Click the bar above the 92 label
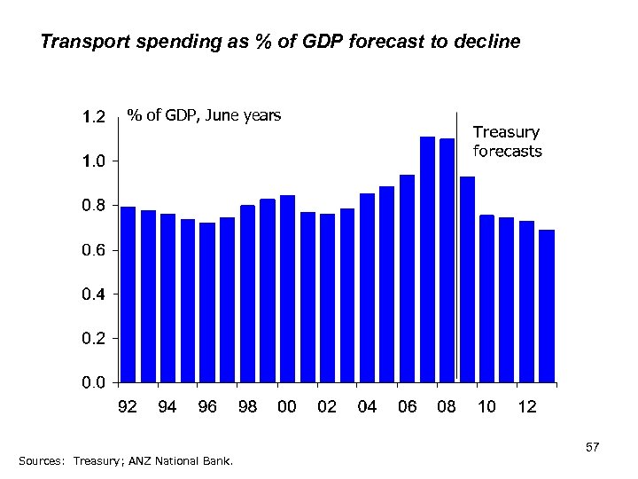(x=128, y=294)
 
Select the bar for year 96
(x=207, y=302)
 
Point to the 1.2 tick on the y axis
(x=93, y=116)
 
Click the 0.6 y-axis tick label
(x=93, y=250)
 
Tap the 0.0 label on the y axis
(x=93, y=383)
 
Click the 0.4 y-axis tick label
(x=93, y=294)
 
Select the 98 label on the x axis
(x=247, y=407)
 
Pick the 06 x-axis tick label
(x=407, y=407)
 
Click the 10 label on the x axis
(x=486, y=407)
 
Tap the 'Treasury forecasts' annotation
(x=507, y=142)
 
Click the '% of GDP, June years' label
(x=204, y=114)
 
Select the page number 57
(x=593, y=449)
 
